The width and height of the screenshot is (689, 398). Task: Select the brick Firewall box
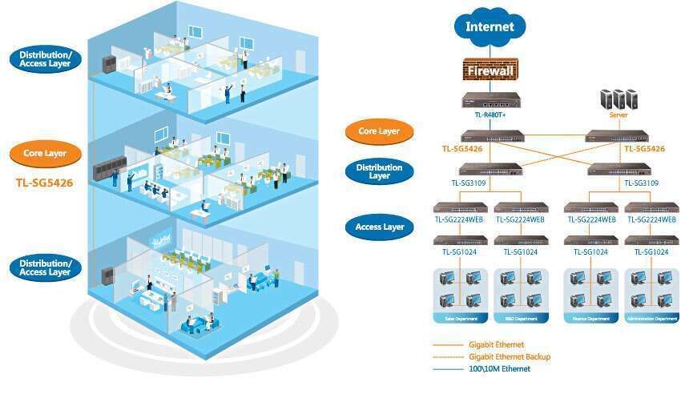[x=490, y=70]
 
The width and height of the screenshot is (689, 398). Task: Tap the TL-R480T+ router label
[x=490, y=115]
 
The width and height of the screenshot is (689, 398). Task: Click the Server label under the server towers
[x=618, y=115]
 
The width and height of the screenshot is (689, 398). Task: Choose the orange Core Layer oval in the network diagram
[x=379, y=131]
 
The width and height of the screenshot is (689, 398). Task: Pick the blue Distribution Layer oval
[x=379, y=171]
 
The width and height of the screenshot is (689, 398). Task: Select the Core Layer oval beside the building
[x=45, y=153]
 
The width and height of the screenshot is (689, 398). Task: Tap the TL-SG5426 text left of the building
[x=44, y=183]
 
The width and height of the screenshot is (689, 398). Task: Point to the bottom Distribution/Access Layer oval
[x=45, y=267]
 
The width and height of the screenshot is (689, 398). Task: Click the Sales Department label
[x=460, y=319]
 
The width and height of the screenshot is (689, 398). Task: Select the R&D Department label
[x=521, y=319]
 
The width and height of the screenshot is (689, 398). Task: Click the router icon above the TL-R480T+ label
[x=490, y=100]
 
